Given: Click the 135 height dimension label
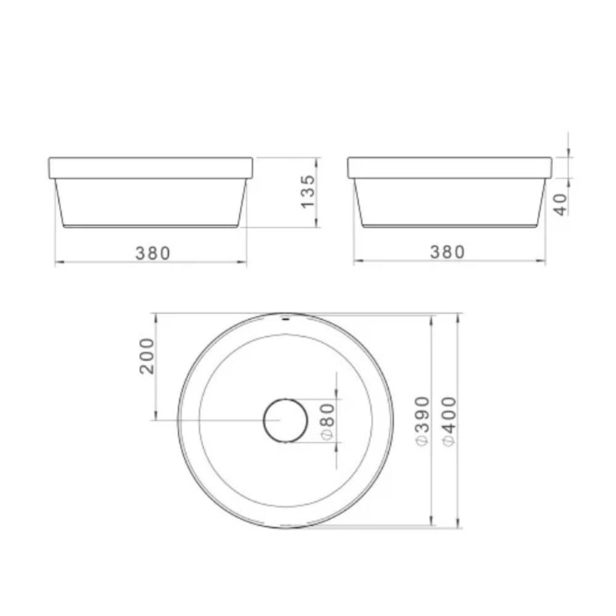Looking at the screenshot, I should click(x=307, y=192).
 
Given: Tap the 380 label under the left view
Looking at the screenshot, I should click(x=152, y=253).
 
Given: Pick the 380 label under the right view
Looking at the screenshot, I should click(x=447, y=252).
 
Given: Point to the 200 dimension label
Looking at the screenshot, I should click(x=146, y=355).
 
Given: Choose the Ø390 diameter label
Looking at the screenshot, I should click(x=422, y=422).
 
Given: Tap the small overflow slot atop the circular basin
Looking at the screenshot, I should click(x=285, y=318).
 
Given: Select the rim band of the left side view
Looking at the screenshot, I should click(x=150, y=168).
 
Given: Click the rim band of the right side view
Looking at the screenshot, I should click(x=449, y=168).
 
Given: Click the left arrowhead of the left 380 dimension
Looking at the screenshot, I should click(x=58, y=263).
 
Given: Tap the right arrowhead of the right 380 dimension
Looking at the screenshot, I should click(x=543, y=262).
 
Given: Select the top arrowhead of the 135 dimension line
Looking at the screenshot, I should click(x=317, y=160).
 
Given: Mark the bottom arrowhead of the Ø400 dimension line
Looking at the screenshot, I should click(x=460, y=525).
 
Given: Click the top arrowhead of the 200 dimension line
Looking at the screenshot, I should click(x=155, y=317).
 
